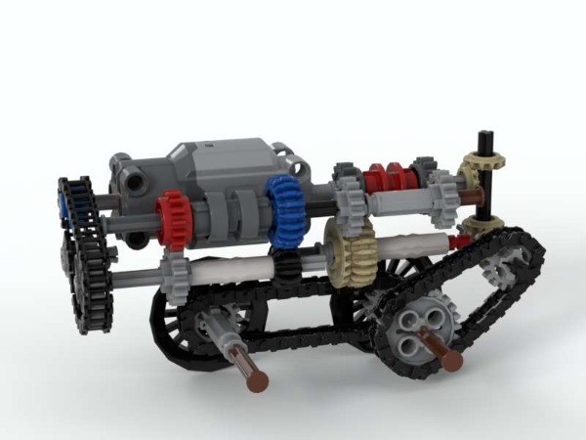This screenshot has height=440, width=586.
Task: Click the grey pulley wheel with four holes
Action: (419, 330)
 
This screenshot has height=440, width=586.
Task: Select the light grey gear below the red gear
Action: (175, 268)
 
